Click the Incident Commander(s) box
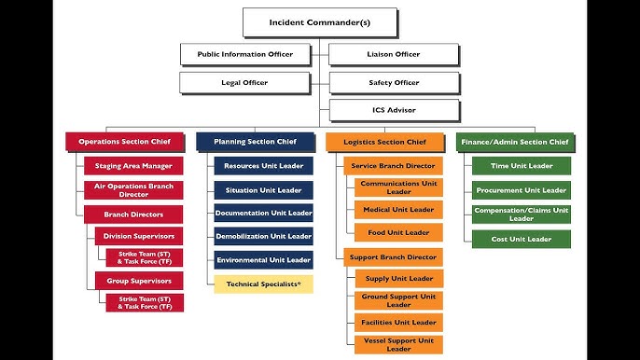coord(319,21)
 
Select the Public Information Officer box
coord(244,54)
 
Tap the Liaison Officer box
coord(394,54)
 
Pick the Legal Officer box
coord(244,83)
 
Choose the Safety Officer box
coord(394,83)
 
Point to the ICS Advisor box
coord(394,111)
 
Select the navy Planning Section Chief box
coord(255,142)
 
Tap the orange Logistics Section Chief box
coord(384,142)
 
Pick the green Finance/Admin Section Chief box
coord(513,142)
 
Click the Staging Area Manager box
coord(133,166)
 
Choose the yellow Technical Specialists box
coord(263,284)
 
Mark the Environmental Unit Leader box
coord(263,260)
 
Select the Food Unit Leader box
coord(398,232)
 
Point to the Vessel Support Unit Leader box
coord(398,344)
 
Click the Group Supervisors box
coord(139,280)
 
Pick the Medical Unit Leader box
coord(398,210)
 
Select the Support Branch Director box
coord(392,256)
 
